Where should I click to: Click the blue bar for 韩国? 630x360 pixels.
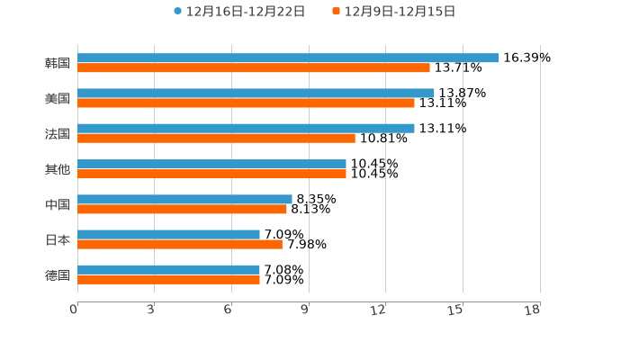(288, 58)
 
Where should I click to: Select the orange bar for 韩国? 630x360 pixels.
(254, 67)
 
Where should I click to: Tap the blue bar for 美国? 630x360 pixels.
(256, 93)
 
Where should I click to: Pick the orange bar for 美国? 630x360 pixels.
(246, 103)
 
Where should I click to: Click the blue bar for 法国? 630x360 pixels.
(246, 128)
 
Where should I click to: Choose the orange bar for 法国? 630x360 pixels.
(216, 138)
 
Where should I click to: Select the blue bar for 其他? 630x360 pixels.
(211, 164)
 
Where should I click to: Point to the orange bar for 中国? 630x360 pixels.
(182, 209)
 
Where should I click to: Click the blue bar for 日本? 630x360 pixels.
(168, 234)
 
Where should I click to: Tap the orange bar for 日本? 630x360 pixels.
(180, 244)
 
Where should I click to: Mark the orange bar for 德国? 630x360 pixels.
(168, 279)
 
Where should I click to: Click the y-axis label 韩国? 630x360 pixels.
(58, 63)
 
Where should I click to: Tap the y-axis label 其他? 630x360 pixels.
(58, 169)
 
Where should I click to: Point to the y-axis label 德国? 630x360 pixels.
(58, 274)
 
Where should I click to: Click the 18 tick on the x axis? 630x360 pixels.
(533, 310)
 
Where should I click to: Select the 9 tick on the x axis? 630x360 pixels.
(305, 310)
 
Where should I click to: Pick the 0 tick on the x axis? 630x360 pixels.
(74, 310)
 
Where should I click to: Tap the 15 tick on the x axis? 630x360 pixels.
(455, 310)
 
